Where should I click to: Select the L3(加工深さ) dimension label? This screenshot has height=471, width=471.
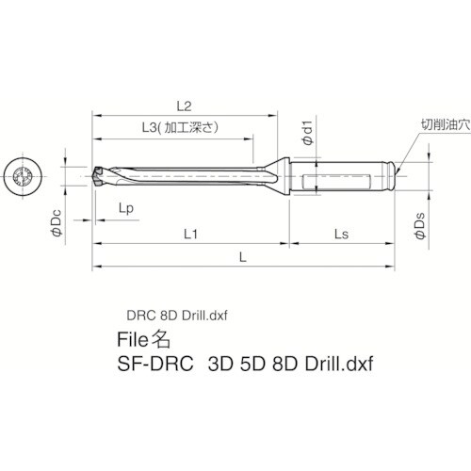[x=172, y=127]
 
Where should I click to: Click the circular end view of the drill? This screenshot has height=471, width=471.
[x=25, y=176]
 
